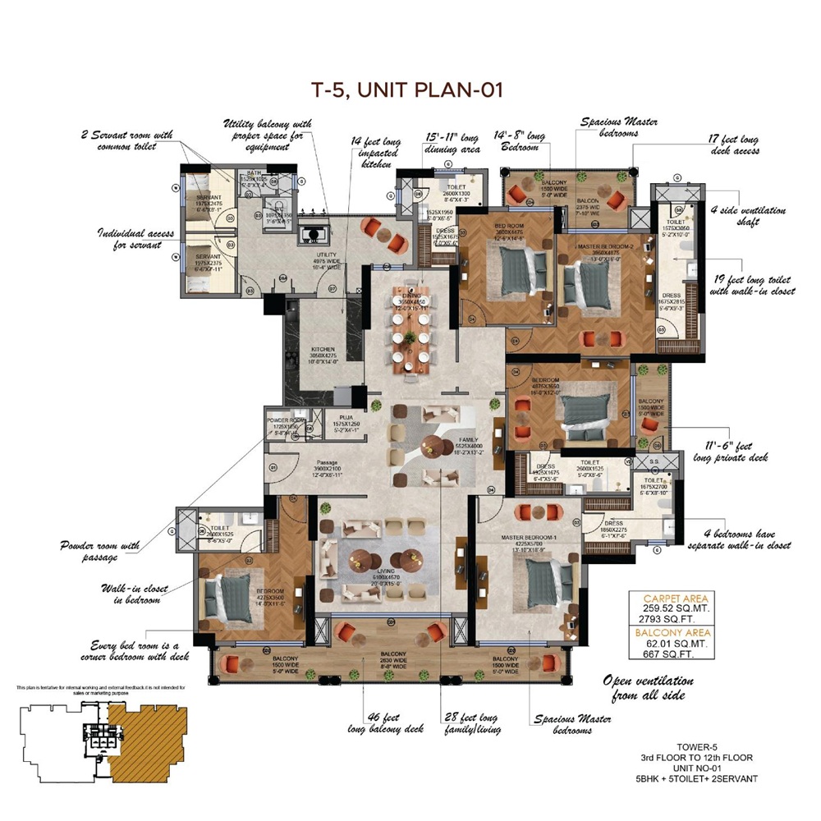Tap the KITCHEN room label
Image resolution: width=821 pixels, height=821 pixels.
[323, 348]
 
